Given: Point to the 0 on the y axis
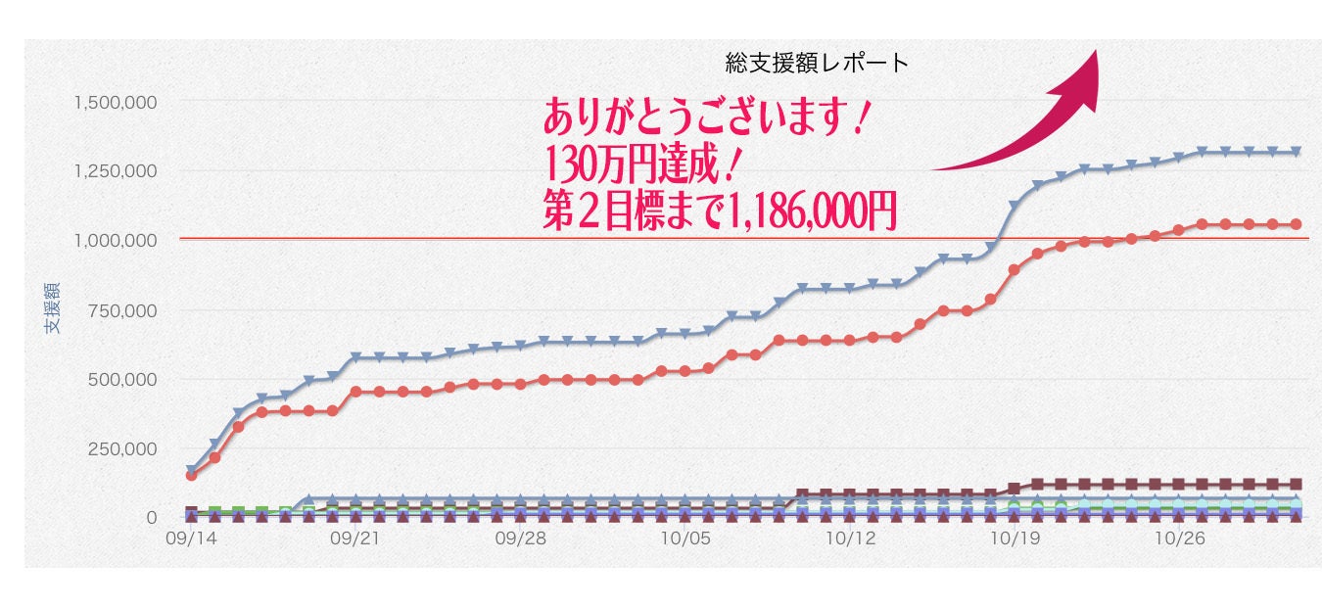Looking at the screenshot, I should [x=152, y=518].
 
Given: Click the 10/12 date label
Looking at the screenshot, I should [x=850, y=539].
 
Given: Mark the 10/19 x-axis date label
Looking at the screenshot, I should [x=1015, y=539].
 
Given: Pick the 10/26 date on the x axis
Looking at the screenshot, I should [x=1179, y=539].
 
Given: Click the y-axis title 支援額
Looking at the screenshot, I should [x=52, y=307].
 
